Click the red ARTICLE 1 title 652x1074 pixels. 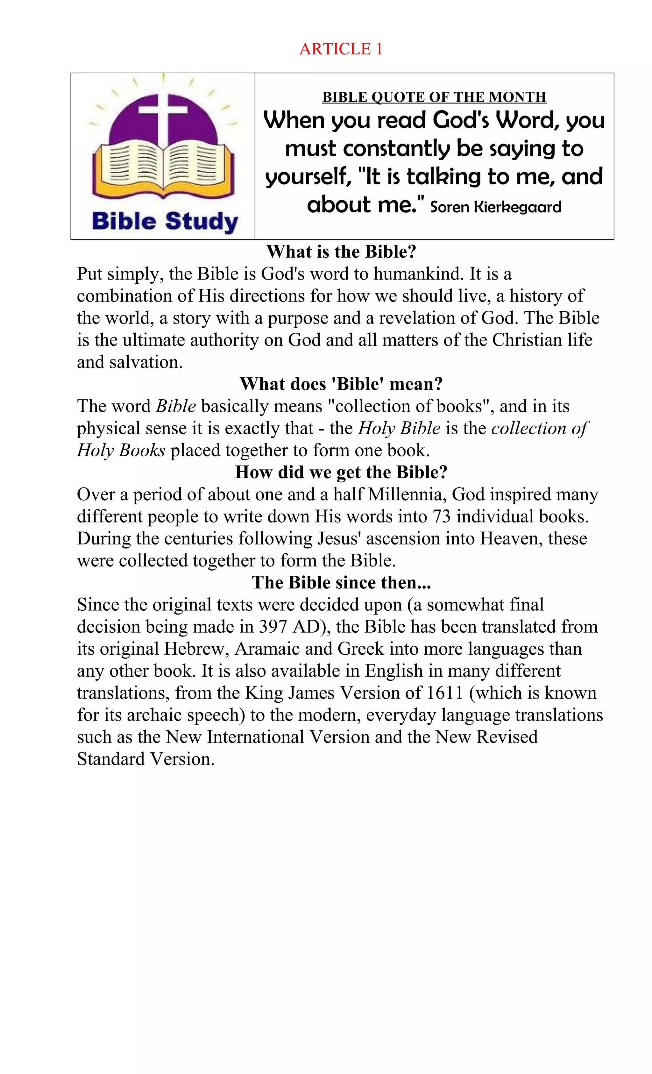pyautogui.click(x=341, y=49)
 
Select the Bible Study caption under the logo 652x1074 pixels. pyautogui.click(x=165, y=221)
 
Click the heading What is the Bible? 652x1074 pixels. pyautogui.click(x=341, y=252)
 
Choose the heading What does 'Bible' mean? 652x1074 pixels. pyautogui.click(x=341, y=384)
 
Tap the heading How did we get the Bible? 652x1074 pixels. pyautogui.click(x=341, y=473)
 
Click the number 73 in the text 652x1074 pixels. pyautogui.click(x=442, y=516)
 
